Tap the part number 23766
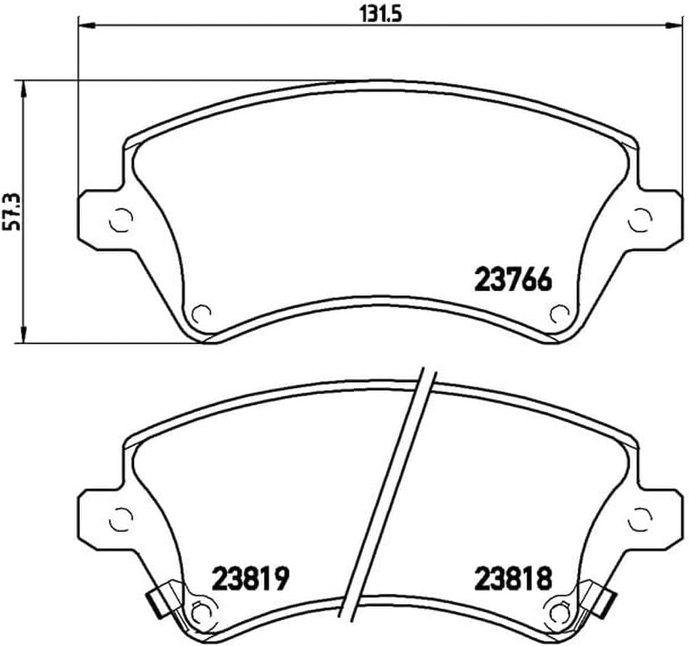513,280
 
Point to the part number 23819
250,578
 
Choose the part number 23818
513,578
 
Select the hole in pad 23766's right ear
639,220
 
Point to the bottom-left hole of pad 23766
202,312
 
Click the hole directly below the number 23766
558,312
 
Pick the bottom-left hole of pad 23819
202,610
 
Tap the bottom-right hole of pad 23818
558,610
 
